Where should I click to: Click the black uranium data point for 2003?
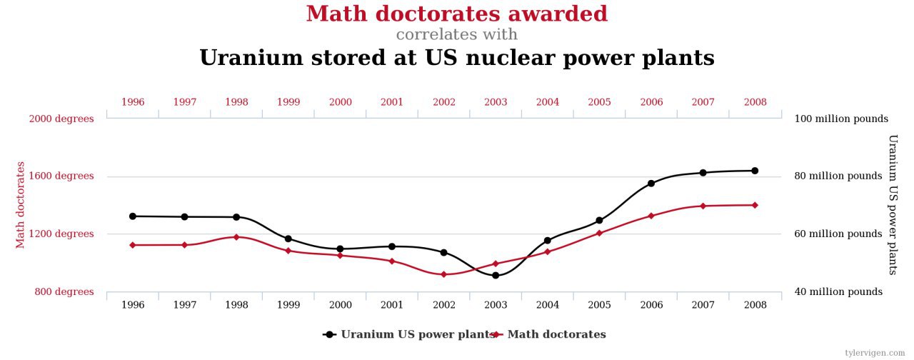(x=496, y=275)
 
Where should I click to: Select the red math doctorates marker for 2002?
(x=443, y=274)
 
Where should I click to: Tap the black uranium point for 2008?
(x=755, y=171)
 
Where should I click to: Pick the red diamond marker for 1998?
(x=236, y=236)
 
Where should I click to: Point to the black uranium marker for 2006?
(x=651, y=184)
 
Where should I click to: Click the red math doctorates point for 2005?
(x=599, y=233)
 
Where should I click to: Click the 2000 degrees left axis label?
(x=61, y=119)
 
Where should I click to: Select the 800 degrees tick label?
(x=64, y=291)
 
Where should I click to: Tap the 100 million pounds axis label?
(x=840, y=119)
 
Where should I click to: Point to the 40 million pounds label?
(x=838, y=291)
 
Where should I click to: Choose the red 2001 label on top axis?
(x=392, y=102)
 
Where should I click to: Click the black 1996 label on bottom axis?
(x=133, y=305)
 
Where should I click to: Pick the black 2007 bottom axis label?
(x=703, y=305)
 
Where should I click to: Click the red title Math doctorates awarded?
(x=457, y=14)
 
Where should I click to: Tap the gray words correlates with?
(x=457, y=34)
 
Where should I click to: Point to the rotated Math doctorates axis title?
(x=21, y=205)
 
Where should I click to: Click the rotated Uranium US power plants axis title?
(x=893, y=205)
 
